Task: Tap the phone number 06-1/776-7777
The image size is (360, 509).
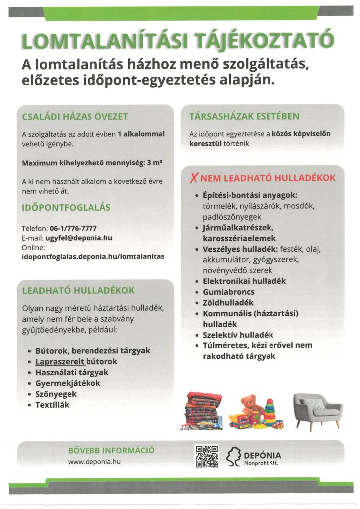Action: click(73, 228)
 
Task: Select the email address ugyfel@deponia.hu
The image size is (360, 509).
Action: click(81, 238)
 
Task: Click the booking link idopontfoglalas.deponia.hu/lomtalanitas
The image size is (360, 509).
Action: click(92, 256)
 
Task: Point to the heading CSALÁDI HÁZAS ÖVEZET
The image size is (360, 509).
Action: click(75, 117)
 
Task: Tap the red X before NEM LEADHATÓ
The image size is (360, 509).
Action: click(195, 177)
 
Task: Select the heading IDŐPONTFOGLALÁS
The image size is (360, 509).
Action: click(66, 207)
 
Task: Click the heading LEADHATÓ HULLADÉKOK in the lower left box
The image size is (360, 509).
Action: click(78, 290)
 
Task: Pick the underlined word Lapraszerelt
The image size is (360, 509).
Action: click(60, 361)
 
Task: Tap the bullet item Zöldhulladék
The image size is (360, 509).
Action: click(228, 302)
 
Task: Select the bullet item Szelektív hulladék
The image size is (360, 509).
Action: click(238, 335)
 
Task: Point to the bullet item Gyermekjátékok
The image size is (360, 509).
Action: click(68, 383)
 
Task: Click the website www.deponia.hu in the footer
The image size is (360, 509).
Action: click(94, 461)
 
